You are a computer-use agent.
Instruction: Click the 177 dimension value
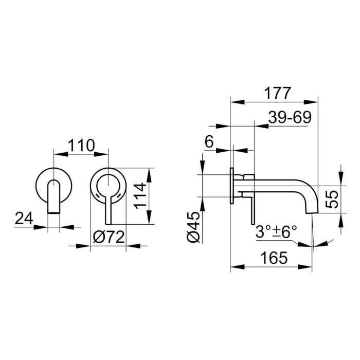pyautogui.click(x=278, y=93)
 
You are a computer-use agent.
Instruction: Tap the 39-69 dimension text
pyautogui.click(x=290, y=117)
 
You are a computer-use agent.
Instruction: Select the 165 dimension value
pyautogui.click(x=274, y=258)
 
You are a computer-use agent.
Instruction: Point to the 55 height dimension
pyautogui.click(x=332, y=200)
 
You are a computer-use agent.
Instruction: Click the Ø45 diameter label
pyautogui.click(x=194, y=227)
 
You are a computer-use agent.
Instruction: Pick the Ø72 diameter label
pyautogui.click(x=109, y=237)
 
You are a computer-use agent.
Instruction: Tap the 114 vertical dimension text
pyautogui.click(x=140, y=196)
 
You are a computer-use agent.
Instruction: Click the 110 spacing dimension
pyautogui.click(x=81, y=146)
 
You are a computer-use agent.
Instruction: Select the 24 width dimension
pyautogui.click(x=24, y=218)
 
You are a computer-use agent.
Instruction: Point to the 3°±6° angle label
pyautogui.click(x=276, y=231)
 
